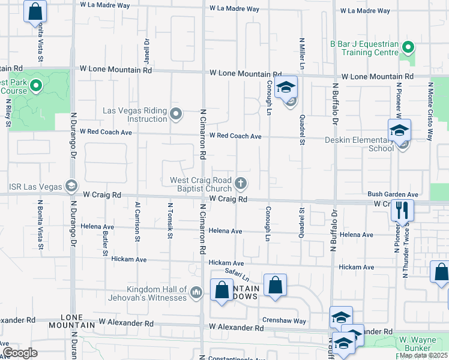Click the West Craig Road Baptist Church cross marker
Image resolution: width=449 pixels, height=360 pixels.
click(241, 183)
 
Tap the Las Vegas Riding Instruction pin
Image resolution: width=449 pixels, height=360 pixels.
click(176, 113)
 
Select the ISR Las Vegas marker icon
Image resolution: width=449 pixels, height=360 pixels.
click(71, 185)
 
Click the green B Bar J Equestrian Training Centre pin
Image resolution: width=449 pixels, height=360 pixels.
click(408, 47)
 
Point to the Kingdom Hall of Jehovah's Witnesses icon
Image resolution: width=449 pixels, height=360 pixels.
click(196, 293)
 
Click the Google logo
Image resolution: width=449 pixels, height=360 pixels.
click(19, 353)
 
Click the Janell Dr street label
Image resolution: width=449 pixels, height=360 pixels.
click(146, 52)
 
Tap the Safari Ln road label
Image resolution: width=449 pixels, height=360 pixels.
click(237, 274)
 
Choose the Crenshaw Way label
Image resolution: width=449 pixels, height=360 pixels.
click(284, 321)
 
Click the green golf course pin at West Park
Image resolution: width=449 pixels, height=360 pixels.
click(35, 86)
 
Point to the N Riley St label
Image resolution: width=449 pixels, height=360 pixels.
click(8, 114)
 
